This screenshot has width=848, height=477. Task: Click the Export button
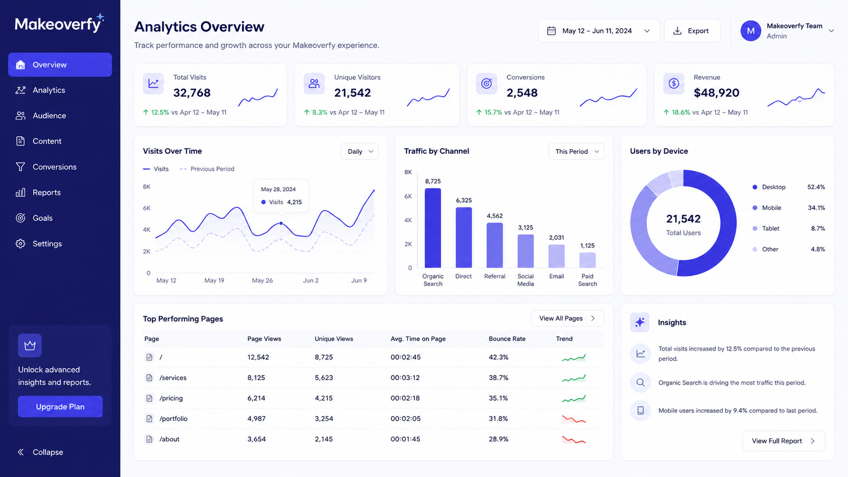(x=692, y=30)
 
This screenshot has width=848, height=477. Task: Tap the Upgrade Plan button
(x=60, y=407)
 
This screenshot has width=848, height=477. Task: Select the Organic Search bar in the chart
(x=433, y=228)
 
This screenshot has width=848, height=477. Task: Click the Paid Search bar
(x=587, y=260)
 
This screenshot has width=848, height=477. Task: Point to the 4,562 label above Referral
(x=495, y=215)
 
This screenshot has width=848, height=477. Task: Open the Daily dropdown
(x=360, y=151)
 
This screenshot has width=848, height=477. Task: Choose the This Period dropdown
(x=577, y=151)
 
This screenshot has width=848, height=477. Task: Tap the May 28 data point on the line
(x=281, y=224)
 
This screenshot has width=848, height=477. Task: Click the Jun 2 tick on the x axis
(x=311, y=280)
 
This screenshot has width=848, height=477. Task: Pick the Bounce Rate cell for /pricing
(x=498, y=398)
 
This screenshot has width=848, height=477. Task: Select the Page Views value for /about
(x=257, y=439)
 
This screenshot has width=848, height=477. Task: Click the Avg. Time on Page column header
(x=418, y=339)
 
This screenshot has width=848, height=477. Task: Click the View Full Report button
(x=784, y=441)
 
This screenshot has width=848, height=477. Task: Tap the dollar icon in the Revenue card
(x=674, y=83)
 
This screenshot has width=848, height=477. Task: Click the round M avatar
(x=751, y=30)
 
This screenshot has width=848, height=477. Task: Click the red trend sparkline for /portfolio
(x=574, y=419)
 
